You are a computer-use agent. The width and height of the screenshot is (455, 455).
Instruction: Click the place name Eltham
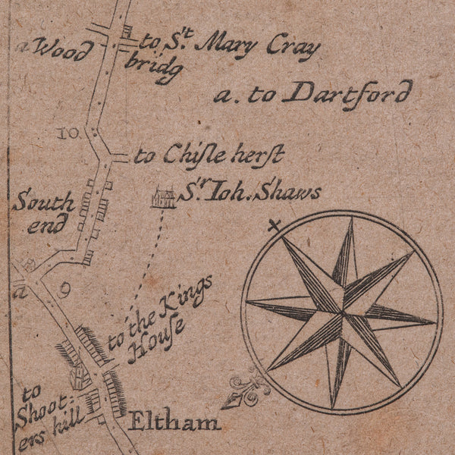[x=174, y=421]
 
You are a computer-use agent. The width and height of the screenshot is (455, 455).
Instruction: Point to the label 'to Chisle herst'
[x=209, y=156]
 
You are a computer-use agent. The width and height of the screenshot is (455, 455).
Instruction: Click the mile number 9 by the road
[x=64, y=289]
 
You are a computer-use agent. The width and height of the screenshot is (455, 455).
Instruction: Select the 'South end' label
[x=42, y=213]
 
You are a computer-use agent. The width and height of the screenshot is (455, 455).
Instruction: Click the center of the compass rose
[x=341, y=312]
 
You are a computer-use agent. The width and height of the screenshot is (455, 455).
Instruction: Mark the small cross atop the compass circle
[x=275, y=225]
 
